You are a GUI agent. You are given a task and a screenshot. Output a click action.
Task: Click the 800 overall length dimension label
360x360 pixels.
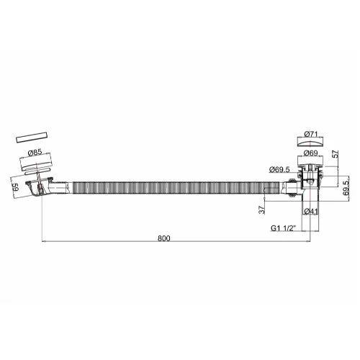pyautogui.click(x=164, y=238)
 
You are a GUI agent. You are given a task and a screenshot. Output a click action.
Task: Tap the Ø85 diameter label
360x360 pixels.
pyautogui.click(x=35, y=153)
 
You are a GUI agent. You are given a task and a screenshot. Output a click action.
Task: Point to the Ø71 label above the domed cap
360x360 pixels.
pyautogui.click(x=311, y=134)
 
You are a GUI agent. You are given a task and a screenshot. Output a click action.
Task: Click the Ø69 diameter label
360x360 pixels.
pyautogui.click(x=311, y=153)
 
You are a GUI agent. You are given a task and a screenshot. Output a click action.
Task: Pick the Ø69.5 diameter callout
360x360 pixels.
pyautogui.click(x=279, y=169)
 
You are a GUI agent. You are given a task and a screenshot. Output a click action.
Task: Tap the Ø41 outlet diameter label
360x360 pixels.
pyautogui.click(x=310, y=212)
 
